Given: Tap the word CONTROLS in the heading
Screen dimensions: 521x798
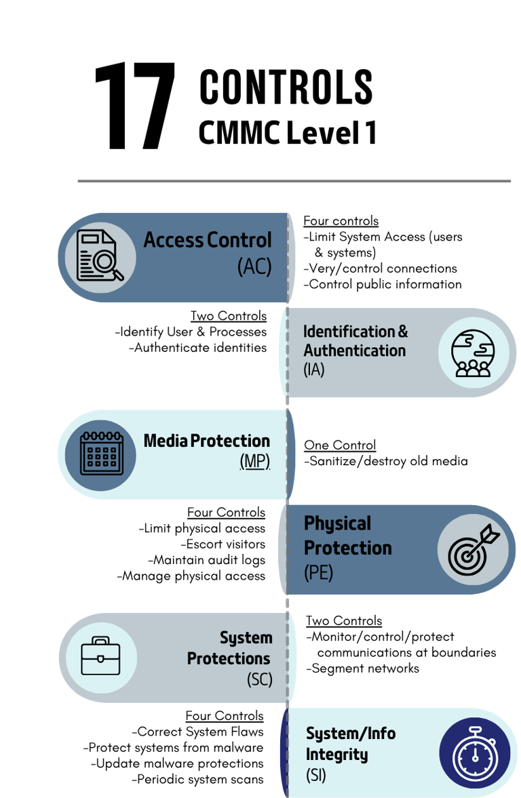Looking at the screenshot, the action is pos(286,87).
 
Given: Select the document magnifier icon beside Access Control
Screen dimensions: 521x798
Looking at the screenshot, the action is pos(100,256).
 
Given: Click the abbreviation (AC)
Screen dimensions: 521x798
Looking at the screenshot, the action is pos(254,266).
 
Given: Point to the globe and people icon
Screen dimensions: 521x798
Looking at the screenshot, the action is pos(473,353).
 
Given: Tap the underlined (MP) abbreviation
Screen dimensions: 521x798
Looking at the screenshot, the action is pos(254,461).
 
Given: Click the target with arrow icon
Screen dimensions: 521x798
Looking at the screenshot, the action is pos(474,550).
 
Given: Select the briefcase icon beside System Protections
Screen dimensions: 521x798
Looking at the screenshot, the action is pos(101,656).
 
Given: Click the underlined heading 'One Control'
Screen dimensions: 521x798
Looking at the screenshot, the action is pos(340,445).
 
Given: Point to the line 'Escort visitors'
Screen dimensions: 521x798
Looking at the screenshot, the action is pos(223,544).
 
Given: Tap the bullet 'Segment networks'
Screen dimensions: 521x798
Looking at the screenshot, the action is pos(363,669).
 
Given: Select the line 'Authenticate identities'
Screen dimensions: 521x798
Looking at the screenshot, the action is pos(197,348).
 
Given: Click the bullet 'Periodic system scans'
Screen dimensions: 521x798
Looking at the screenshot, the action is pos(197,779).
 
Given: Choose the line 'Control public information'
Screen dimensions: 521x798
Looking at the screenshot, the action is pos(383,284).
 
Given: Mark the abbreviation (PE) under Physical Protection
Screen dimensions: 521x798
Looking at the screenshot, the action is pos(318,572).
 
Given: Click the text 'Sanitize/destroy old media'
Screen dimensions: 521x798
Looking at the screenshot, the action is pos(386,461).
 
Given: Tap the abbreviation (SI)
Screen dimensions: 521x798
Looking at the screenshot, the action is pos(315,775).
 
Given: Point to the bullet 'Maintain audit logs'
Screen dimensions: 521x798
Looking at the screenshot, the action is pos(206,560).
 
